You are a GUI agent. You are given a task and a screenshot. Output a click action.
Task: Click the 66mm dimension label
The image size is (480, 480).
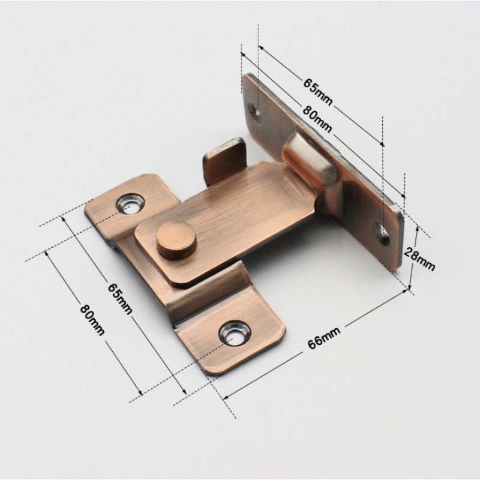(323, 339)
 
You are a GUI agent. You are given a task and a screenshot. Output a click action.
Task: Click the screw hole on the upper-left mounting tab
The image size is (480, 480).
(130, 203)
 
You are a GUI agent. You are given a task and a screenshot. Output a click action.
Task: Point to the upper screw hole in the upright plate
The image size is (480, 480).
(254, 111)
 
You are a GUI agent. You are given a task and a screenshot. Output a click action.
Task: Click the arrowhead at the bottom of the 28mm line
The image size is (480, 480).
(411, 286)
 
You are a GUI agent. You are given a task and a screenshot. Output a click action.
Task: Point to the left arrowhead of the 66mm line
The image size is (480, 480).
(225, 397)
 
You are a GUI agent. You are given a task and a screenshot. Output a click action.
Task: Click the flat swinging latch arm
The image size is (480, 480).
(240, 210)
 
